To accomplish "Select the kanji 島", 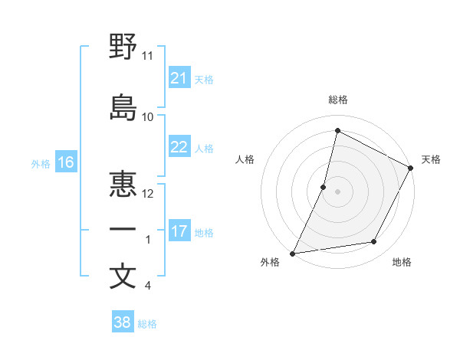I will [x=123, y=108].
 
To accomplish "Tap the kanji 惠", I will [x=123, y=184].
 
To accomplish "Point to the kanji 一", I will [x=123, y=230].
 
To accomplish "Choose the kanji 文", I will [x=123, y=277].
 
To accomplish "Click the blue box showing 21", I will [x=179, y=78].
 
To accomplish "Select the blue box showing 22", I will [x=179, y=147].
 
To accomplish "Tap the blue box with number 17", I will [x=179, y=231].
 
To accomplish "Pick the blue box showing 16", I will [x=65, y=162].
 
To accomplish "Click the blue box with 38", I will [x=122, y=322].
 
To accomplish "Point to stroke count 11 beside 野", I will [x=147, y=56].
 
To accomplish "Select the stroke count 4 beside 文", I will [x=147, y=286].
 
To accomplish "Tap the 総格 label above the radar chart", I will [x=337, y=100].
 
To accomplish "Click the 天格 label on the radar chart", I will [x=431, y=159].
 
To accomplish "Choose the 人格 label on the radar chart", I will [x=245, y=159].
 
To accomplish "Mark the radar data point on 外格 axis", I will [x=292, y=253].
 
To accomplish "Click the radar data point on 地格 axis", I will [x=374, y=242].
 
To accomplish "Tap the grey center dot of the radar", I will [x=337, y=191].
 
